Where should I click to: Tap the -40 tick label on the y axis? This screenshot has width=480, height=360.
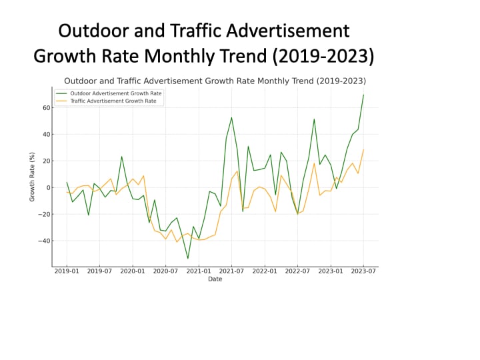(x=44, y=241)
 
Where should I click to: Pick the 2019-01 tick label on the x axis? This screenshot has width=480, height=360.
(x=67, y=271)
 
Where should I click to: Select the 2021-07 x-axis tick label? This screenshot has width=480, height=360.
(x=231, y=271)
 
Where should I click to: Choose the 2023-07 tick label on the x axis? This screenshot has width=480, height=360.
(x=363, y=271)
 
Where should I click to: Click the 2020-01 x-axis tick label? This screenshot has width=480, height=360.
(x=133, y=271)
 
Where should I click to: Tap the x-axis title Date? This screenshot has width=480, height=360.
(x=215, y=279)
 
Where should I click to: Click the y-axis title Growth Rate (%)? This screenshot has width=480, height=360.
(x=32, y=177)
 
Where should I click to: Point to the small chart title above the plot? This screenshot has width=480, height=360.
(x=215, y=81)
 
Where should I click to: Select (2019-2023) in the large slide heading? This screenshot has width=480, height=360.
(x=323, y=56)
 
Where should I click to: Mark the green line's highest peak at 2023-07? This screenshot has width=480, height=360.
(x=363, y=95)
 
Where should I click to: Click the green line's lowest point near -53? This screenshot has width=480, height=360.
(x=188, y=259)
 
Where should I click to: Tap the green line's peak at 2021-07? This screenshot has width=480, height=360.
(x=231, y=117)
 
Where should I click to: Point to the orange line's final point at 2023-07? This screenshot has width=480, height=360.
(x=363, y=149)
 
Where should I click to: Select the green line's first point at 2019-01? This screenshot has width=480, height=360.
(x=67, y=182)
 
